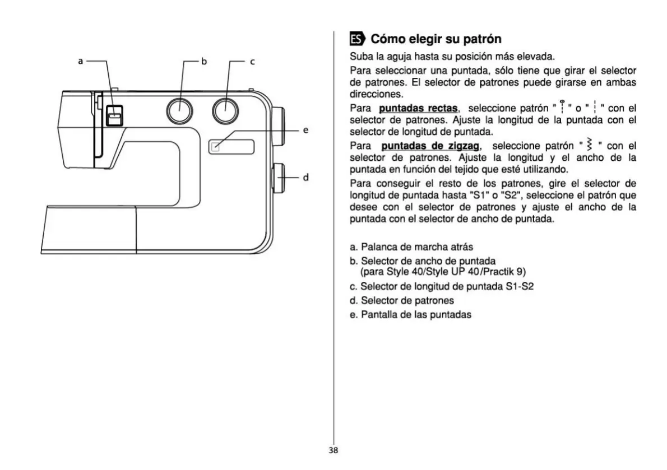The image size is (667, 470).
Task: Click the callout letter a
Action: pos(81,61)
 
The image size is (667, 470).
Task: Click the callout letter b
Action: pos(205,62)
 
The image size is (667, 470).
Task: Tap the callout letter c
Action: pos(252,62)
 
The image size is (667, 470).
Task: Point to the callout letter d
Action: pos(306,178)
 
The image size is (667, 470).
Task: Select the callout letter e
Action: pos(306,130)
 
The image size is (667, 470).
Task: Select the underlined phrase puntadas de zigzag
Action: pos(429,146)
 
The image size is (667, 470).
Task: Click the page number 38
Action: pos(333,449)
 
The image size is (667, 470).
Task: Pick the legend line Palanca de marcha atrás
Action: pos(414,246)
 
